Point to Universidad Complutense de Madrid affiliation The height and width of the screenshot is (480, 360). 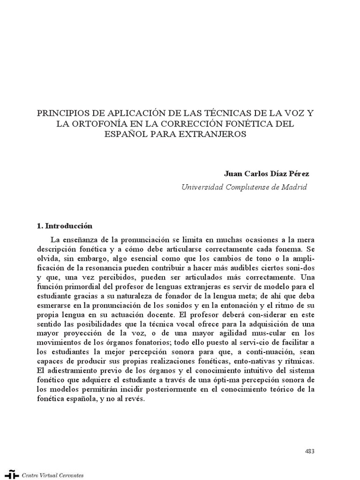244,187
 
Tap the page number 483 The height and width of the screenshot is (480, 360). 309,451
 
